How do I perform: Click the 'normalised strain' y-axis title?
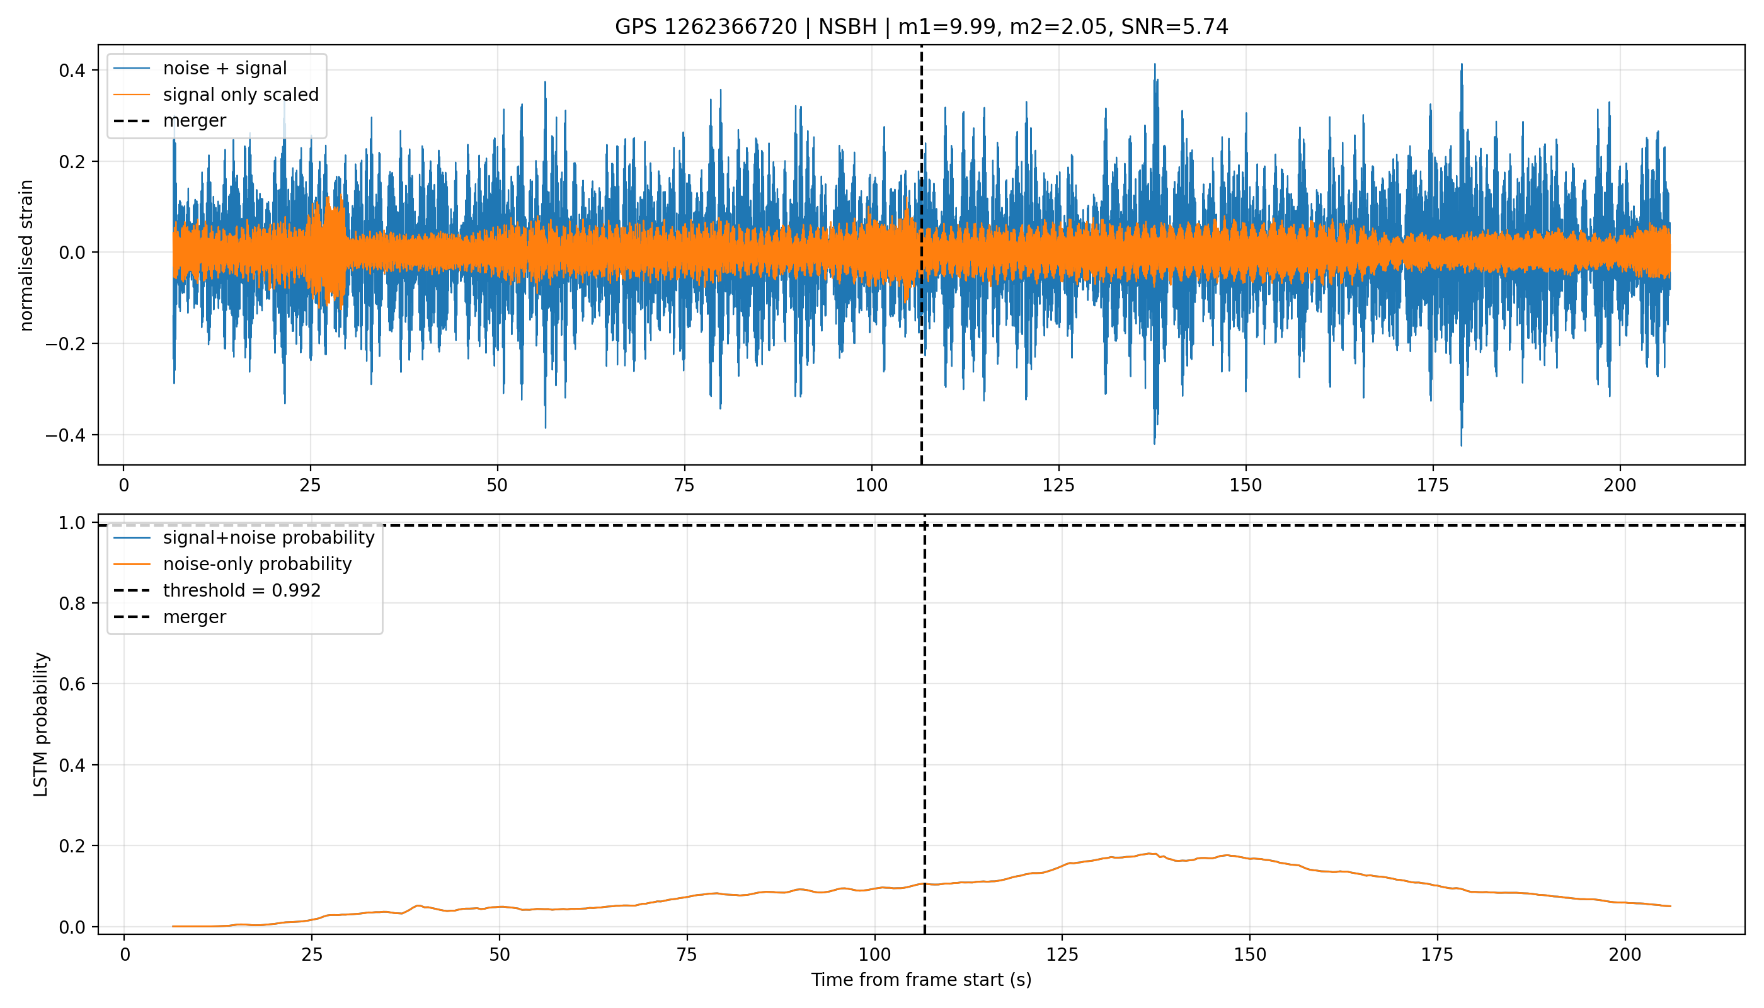tap(26, 255)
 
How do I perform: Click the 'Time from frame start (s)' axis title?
tap(922, 980)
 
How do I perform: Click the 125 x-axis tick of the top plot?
tap(1058, 485)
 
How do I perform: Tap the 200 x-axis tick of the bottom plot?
tap(1625, 954)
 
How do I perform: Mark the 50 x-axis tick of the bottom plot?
tap(499, 954)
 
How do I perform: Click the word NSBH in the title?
tap(848, 27)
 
